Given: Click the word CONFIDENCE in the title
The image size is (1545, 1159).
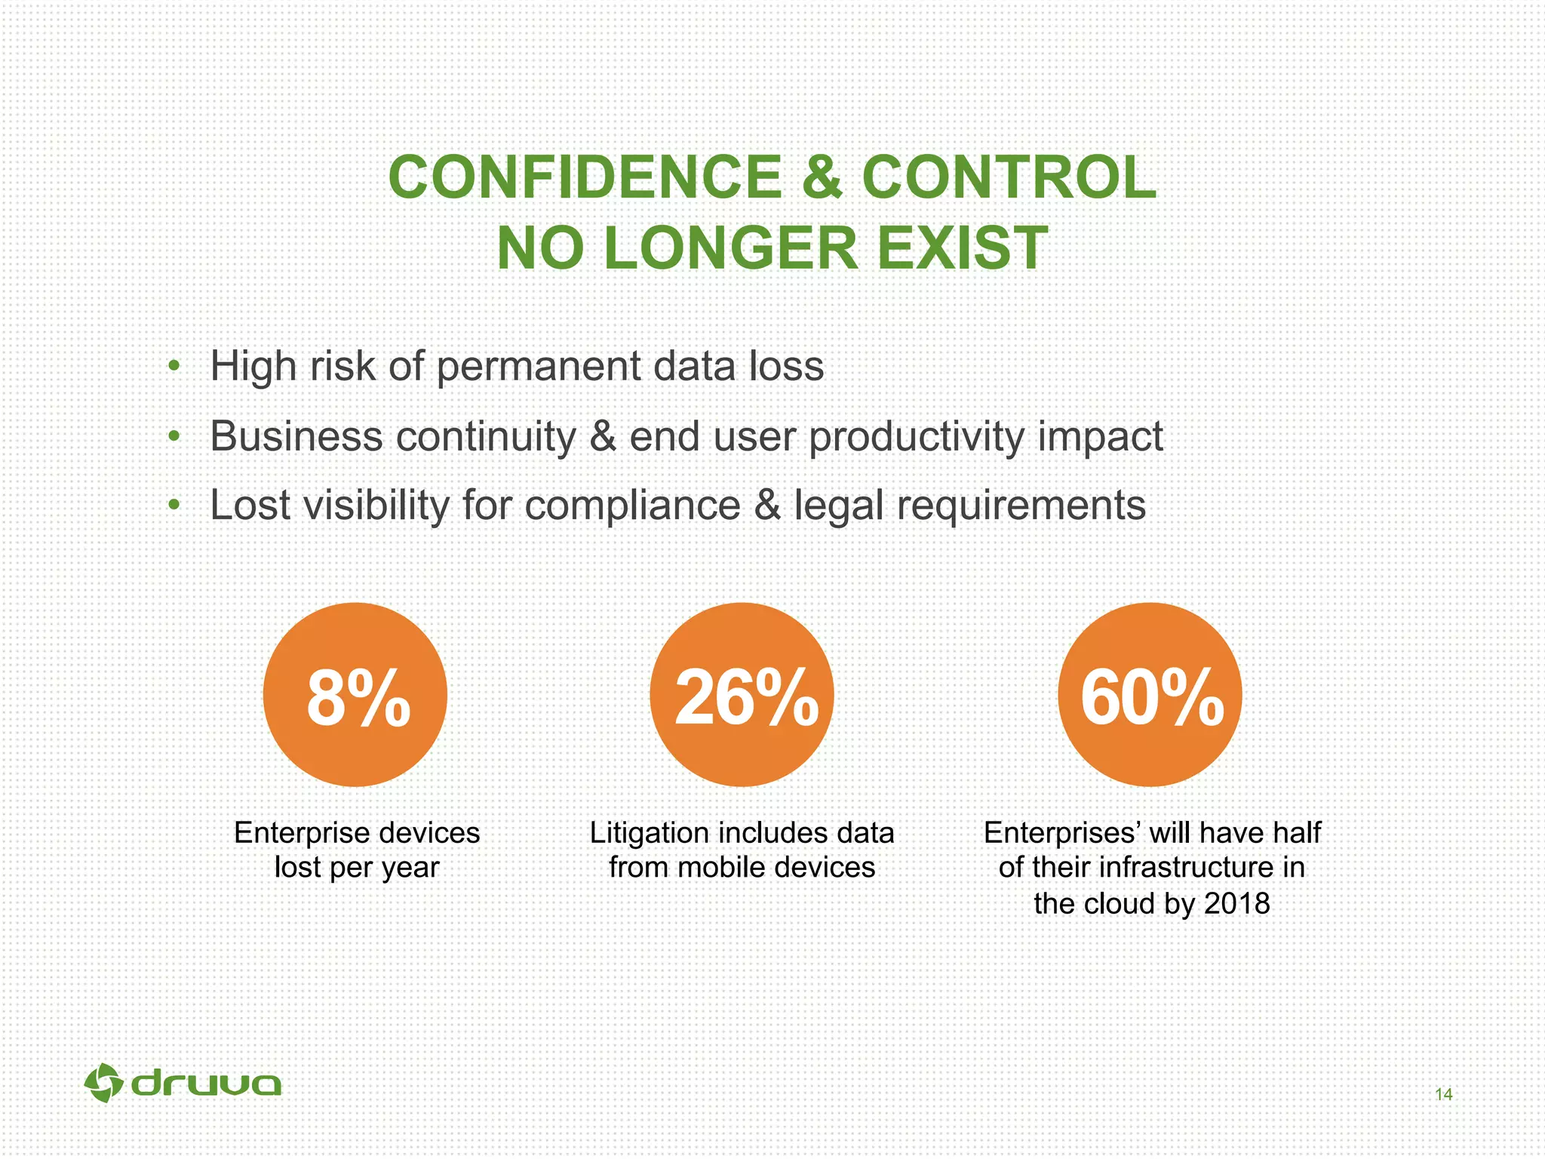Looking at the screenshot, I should click(585, 178).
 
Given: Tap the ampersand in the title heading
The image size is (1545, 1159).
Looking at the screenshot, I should click(821, 178).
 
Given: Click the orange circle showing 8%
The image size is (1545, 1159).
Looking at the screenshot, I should click(355, 695).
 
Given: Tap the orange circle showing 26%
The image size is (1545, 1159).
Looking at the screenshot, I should click(742, 695).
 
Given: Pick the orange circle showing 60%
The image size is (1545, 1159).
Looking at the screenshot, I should click(1150, 695).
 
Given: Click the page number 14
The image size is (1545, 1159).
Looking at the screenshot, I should click(1443, 1094).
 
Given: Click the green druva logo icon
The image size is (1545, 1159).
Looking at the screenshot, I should click(104, 1084).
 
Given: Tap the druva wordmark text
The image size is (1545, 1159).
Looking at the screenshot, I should click(206, 1085).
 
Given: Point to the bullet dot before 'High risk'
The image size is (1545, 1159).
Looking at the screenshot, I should click(174, 367).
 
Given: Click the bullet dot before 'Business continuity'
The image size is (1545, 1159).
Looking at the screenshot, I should click(174, 436).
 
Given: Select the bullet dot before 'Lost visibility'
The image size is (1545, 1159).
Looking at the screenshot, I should click(174, 505).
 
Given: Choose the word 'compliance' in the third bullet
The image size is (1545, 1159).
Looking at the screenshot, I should click(632, 506).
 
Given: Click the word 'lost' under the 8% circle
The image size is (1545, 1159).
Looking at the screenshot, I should click(297, 868).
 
